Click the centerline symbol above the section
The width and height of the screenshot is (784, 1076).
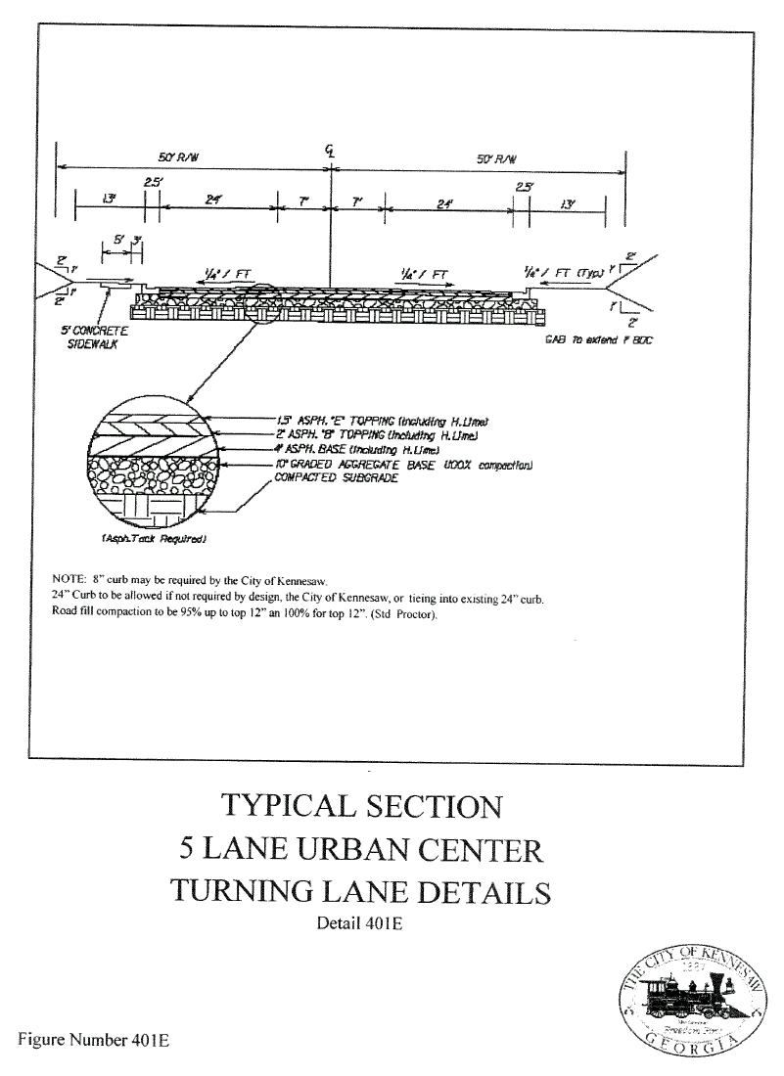[332, 151]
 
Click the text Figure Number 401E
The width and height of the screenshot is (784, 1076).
[93, 1040]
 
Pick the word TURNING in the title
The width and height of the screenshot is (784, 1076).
[249, 892]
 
